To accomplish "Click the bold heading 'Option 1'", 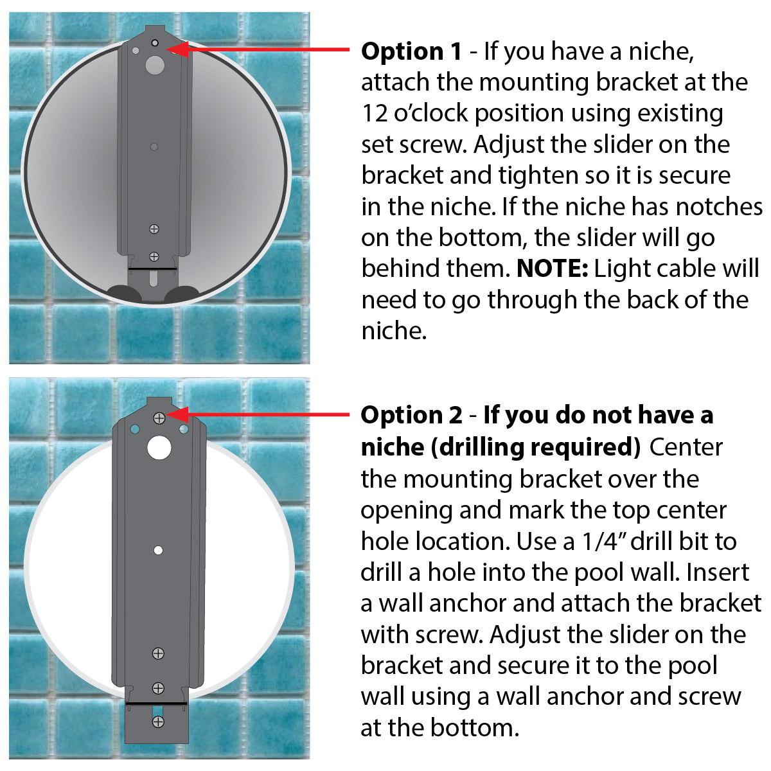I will (411, 51).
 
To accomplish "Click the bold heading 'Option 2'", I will (411, 416).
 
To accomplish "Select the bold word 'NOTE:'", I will (552, 269).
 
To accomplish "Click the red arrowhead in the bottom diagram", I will (179, 414).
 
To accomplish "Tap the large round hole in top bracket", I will (155, 64).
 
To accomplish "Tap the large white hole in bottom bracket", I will (159, 448).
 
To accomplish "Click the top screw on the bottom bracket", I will (159, 418).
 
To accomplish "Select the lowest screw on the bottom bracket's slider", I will (158, 722).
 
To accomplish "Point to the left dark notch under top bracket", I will (122, 294).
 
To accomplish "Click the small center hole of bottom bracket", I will (159, 551).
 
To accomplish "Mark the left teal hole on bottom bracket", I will (134, 429).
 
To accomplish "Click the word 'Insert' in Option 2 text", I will (718, 572).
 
